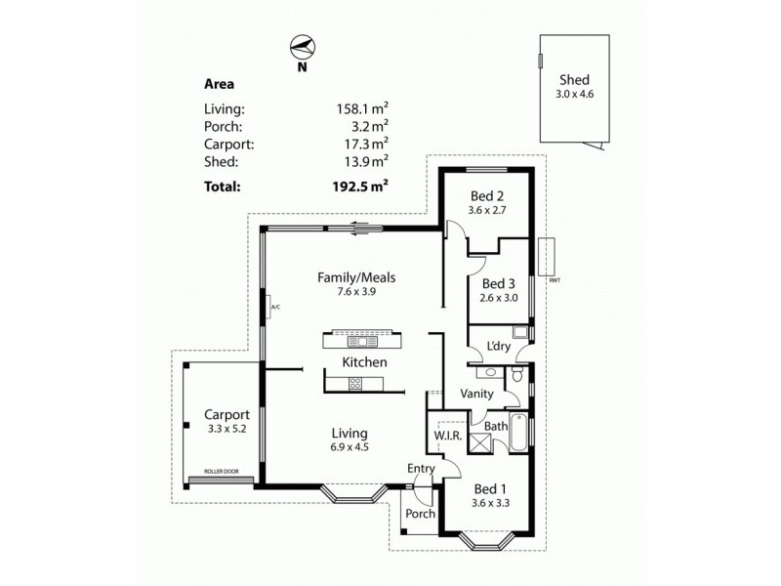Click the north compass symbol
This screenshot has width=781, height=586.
pos(302,48)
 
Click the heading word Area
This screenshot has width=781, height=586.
pos(219,84)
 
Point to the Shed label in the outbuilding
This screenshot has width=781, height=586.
pos(574,81)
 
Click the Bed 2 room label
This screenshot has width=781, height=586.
pos(486,195)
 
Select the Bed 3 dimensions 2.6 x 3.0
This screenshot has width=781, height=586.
pos(498,301)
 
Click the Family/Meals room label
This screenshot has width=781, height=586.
pos(355,277)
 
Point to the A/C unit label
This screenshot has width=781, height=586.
pos(275,309)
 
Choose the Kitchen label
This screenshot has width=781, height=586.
pos(364,362)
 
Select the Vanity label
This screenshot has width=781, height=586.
pos(475,394)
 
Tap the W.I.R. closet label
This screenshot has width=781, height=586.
pos(446,436)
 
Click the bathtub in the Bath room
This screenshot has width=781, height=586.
pos(518,433)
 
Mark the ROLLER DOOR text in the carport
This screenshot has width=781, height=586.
pos(221,472)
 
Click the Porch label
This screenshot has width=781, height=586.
pos(420,514)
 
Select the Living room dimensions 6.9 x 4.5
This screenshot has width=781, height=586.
pos(349,447)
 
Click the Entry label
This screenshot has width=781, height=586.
pos(421,469)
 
